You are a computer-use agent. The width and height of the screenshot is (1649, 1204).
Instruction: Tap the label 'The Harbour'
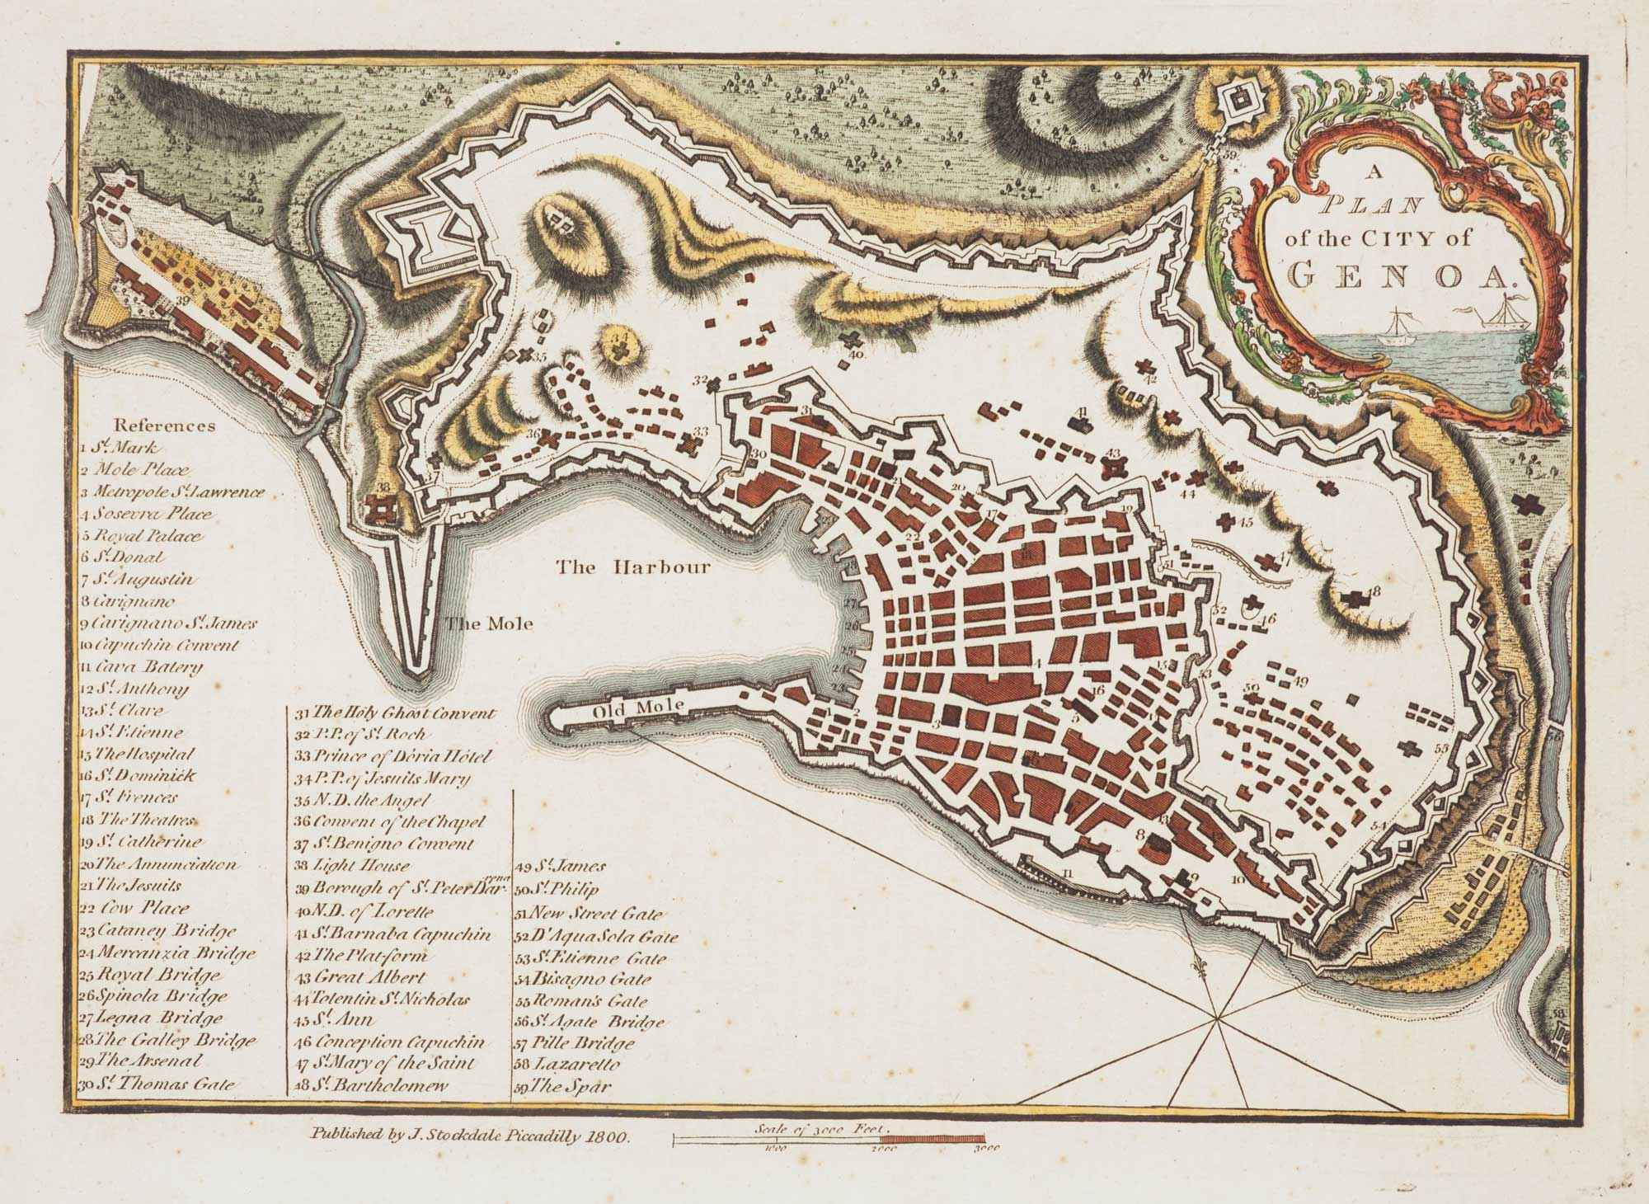pos(633,567)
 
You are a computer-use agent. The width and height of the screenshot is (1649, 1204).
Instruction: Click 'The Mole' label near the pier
pos(490,623)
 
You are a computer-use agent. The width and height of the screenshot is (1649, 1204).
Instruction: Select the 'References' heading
pos(164,426)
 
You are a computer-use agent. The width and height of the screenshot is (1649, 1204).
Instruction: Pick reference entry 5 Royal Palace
pos(142,536)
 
